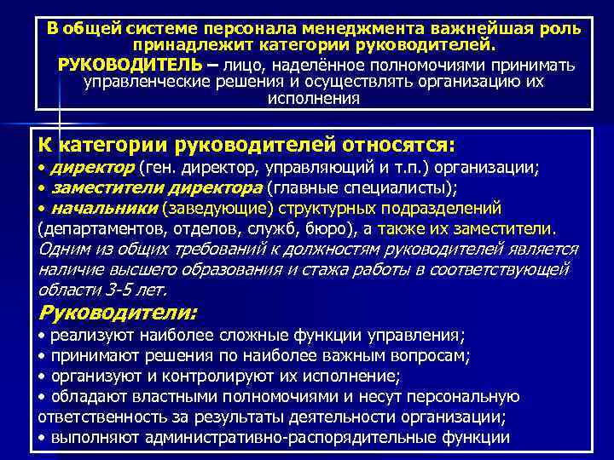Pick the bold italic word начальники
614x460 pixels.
click(x=105, y=208)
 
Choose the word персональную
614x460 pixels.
click(x=461, y=397)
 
